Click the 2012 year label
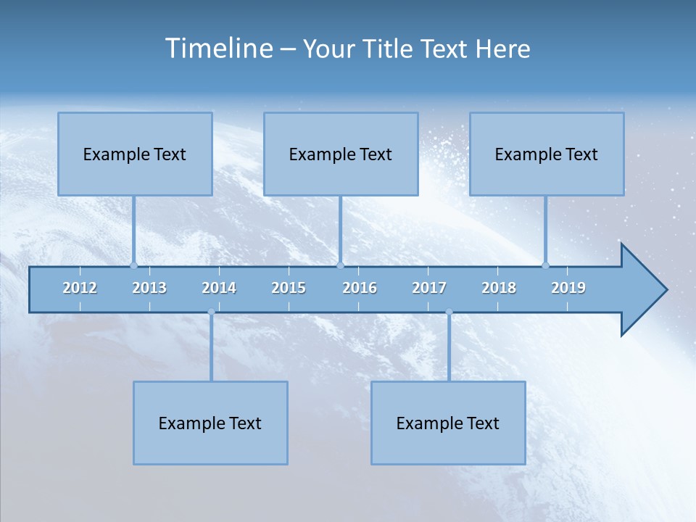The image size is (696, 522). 80,288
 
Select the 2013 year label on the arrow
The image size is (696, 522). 149,288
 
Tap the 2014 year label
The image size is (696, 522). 219,288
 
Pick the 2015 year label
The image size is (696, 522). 289,288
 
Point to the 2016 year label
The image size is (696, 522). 360,288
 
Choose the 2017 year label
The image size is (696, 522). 429,288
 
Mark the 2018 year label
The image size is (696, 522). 499,288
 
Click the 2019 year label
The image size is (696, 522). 568,288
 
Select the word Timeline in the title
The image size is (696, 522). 218,49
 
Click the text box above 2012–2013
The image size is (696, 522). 135,154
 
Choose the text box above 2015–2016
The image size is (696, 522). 341,154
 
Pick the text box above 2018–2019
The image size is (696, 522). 547,154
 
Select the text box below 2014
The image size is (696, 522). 210,423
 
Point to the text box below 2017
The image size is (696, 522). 448,423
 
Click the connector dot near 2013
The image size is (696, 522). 133,265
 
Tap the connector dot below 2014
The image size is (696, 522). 211,312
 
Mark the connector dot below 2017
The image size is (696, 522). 449,312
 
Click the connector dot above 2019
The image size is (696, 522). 545,265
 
